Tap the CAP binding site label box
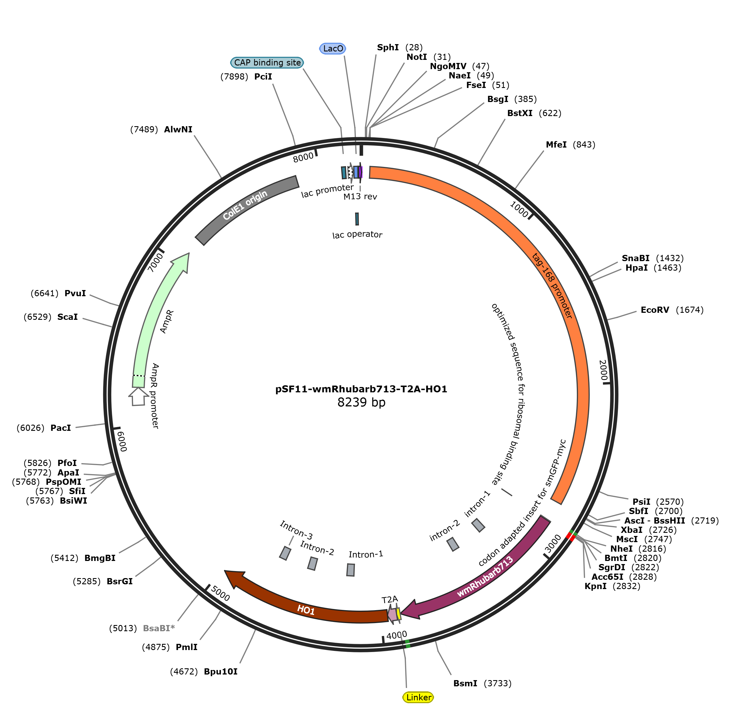[267, 63]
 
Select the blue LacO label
[333, 48]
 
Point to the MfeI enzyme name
[556, 144]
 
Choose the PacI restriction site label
[61, 428]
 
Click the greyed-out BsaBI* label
[159, 628]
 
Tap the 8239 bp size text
[361, 402]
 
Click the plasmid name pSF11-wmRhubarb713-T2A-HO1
[361, 389]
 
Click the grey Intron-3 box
[285, 553]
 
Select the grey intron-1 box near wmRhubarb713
[478, 525]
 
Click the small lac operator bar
[357, 219]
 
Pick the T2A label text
[390, 599]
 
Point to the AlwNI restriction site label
[178, 130]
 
